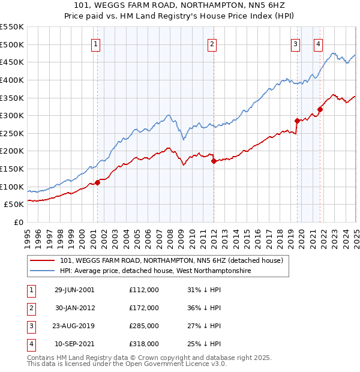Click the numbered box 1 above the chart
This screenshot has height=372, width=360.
(96, 43)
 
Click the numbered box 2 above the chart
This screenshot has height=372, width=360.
(212, 43)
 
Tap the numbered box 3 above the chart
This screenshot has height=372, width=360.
(296, 43)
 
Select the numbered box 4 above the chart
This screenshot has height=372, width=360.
(317, 43)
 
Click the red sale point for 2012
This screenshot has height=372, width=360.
(213, 161)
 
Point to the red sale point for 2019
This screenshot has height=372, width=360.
(297, 121)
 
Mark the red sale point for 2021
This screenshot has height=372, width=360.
(320, 109)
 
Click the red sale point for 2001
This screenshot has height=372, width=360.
(98, 182)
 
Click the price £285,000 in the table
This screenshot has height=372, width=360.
(144, 326)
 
